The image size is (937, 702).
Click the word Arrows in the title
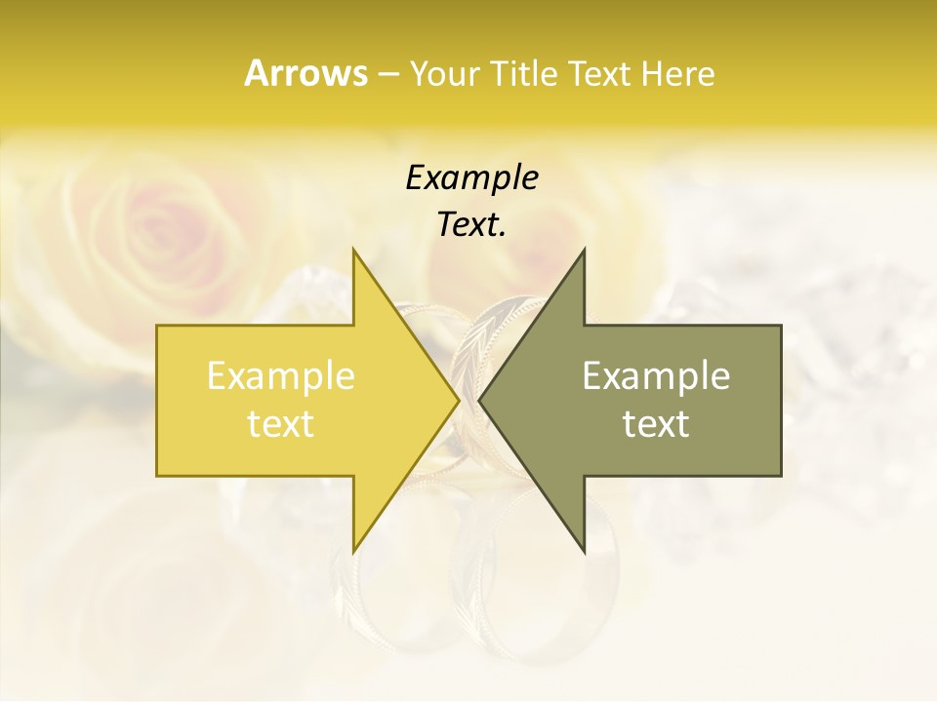coord(306,73)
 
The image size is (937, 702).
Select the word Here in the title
coord(677,73)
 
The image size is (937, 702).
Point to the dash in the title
coord(387,74)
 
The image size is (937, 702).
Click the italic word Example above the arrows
coord(471,178)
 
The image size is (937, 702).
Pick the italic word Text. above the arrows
coord(471,224)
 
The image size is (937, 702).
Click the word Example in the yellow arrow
coord(280,376)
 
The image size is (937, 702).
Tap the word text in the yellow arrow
coord(280,424)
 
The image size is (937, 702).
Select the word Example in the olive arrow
coord(656,376)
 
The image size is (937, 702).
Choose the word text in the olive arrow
coord(656,424)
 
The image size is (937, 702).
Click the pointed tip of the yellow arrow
coord(459,400)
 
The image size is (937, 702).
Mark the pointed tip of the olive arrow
coord(480,400)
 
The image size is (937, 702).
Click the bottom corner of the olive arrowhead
coord(584,551)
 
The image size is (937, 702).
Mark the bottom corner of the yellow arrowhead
coord(353,551)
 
